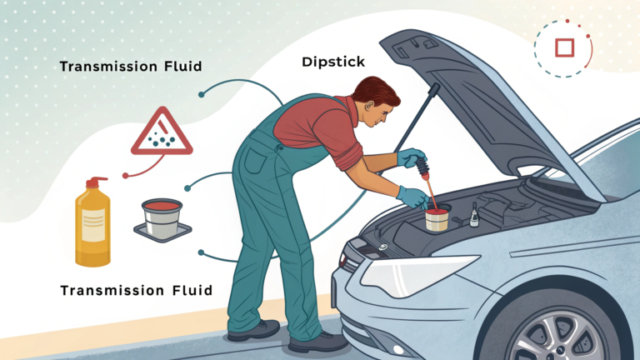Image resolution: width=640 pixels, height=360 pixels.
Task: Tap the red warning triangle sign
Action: (x=161, y=133)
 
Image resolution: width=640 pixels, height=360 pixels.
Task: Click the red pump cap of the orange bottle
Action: (x=93, y=182)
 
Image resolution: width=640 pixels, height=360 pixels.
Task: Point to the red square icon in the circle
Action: (x=564, y=47)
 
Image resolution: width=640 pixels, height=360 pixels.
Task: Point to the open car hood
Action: (x=500, y=108)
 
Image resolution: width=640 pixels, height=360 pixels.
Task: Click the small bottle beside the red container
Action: (x=473, y=215)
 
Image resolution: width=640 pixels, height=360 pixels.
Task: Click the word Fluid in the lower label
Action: (x=181, y=290)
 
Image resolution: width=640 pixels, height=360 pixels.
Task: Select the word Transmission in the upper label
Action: (x=104, y=66)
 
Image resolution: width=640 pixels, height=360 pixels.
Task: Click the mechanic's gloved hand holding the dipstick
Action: (x=412, y=157)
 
